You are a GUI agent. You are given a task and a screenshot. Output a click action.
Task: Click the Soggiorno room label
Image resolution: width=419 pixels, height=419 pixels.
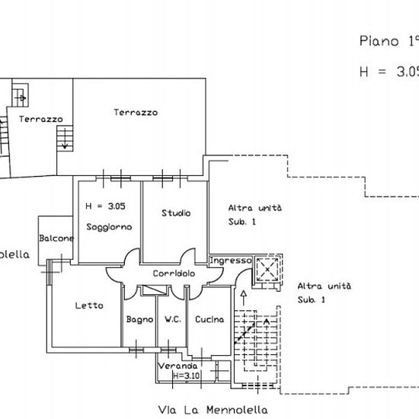[x=109, y=227]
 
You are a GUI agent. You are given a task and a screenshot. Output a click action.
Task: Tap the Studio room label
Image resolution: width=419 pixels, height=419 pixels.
[x=176, y=213]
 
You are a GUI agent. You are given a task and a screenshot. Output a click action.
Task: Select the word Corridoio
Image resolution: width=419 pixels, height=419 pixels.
[x=174, y=273]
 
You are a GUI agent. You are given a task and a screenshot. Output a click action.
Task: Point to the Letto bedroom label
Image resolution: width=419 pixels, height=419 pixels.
[x=89, y=305]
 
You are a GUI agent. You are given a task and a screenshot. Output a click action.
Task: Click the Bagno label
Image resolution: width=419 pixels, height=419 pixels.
[x=139, y=320]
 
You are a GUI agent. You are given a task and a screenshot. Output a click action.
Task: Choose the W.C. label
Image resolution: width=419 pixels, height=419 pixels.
[x=173, y=319]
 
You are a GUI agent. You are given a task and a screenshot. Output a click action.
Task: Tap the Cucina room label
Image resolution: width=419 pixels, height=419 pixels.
[x=209, y=319]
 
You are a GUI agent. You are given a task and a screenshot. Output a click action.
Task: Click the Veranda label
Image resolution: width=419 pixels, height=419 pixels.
[x=178, y=366]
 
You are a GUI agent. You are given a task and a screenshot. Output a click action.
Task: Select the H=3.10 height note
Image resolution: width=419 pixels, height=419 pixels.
[x=186, y=376]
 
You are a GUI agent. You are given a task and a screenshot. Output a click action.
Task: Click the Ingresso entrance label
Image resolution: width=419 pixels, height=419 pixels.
[x=231, y=261]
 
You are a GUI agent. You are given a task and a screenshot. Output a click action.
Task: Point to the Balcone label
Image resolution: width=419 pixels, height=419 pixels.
[x=56, y=238]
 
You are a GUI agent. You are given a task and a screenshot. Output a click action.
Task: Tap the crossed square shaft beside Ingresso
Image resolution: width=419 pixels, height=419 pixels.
[x=267, y=270]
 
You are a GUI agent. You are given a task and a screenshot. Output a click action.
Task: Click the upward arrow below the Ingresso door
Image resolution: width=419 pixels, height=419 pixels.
[x=244, y=298]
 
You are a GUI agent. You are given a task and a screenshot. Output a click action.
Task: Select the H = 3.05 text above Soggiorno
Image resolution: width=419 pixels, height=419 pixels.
[x=105, y=206]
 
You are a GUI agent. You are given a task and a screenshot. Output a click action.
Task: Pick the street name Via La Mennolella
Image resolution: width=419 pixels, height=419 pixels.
[x=213, y=410]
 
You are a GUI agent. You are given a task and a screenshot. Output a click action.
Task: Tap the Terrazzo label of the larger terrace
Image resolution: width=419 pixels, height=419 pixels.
[x=136, y=112]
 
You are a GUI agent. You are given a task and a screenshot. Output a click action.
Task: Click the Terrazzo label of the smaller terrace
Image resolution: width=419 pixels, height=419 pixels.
[x=41, y=119]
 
